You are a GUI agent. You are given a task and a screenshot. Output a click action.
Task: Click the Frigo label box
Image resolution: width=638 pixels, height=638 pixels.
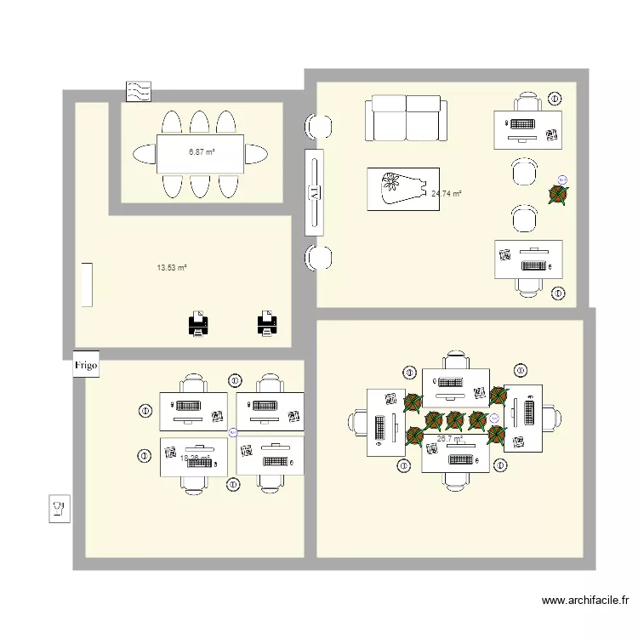pyautogui.click(x=87, y=364)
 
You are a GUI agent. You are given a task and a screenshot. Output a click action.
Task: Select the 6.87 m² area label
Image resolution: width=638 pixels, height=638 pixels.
pyautogui.click(x=201, y=152)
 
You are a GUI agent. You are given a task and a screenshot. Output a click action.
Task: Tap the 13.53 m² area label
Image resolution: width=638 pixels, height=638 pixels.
pyautogui.click(x=171, y=267)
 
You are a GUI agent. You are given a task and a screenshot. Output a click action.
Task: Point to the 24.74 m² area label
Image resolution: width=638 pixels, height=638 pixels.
pyautogui.click(x=447, y=194)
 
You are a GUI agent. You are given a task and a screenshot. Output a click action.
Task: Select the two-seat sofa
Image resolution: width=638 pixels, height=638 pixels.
pyautogui.click(x=407, y=119)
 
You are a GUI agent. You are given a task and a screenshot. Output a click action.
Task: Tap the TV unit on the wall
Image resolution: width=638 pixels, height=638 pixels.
pyautogui.click(x=312, y=193)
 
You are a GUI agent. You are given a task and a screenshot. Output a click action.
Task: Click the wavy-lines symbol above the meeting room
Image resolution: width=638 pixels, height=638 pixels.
pyautogui.click(x=139, y=91)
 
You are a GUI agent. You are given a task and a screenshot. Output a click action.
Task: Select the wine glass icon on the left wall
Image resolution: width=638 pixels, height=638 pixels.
pyautogui.click(x=60, y=509)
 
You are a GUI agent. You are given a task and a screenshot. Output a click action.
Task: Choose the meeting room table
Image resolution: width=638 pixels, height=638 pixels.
pyautogui.click(x=201, y=154)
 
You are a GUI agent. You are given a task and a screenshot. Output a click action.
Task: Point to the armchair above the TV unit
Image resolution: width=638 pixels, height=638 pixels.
pyautogui.click(x=321, y=126)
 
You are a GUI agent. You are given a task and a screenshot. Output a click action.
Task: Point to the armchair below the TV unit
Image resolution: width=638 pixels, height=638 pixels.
pyautogui.click(x=321, y=256)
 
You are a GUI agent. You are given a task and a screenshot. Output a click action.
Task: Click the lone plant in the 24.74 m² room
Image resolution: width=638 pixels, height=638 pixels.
pyautogui.click(x=557, y=195)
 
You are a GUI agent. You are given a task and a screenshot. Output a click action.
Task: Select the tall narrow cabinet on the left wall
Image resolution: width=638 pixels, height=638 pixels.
pyautogui.click(x=88, y=285)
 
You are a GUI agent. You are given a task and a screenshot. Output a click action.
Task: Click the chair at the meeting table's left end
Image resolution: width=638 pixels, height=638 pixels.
pyautogui.click(x=142, y=154)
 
